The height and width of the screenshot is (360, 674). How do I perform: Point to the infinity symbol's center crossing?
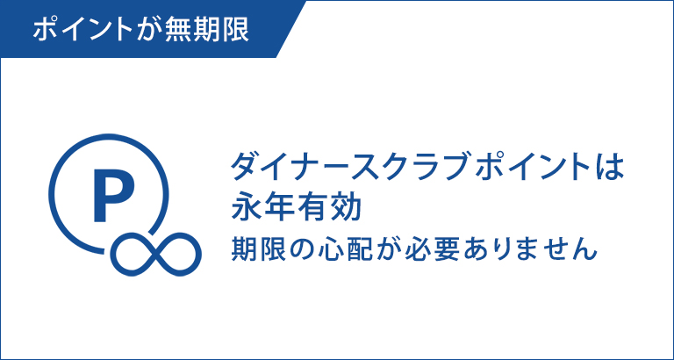157,254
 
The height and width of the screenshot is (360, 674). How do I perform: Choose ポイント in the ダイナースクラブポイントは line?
516,167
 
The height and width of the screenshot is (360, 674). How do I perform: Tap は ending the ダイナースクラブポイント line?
611,167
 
